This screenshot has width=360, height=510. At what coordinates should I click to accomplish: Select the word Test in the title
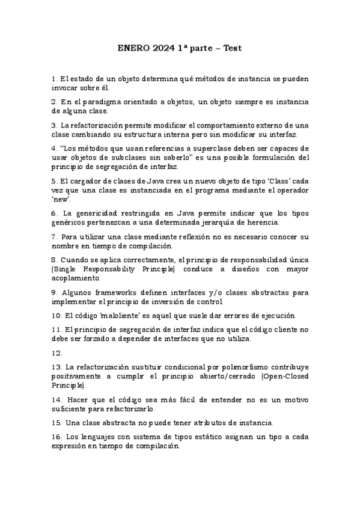[233, 48]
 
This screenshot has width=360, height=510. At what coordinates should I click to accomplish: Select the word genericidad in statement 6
[91, 213]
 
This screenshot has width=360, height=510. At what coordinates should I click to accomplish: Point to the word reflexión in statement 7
[195, 236]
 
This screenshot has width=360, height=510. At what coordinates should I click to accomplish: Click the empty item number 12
[57, 353]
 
